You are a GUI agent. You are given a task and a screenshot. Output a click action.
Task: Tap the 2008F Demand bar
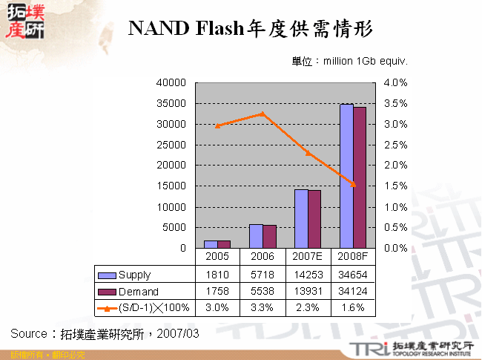coord(360,177)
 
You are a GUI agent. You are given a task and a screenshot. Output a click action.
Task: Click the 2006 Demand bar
coord(270,236)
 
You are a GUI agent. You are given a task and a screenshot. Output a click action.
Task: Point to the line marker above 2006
coord(263,114)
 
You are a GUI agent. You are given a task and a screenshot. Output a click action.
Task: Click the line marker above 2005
coord(217,126)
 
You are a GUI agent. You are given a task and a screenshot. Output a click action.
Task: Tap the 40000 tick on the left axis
coord(172,83)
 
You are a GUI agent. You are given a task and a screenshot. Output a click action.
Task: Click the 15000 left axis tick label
coord(172,186)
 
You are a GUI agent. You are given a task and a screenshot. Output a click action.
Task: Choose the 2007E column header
coord(308,257)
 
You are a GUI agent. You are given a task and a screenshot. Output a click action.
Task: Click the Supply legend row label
coord(135,275)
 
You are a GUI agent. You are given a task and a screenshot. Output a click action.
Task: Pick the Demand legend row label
coord(138,292)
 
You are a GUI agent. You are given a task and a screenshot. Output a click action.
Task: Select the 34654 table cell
coord(353,275)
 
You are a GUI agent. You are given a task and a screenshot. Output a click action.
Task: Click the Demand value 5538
coord(263,292)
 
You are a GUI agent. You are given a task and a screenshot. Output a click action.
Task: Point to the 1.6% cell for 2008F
coord(353,307)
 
